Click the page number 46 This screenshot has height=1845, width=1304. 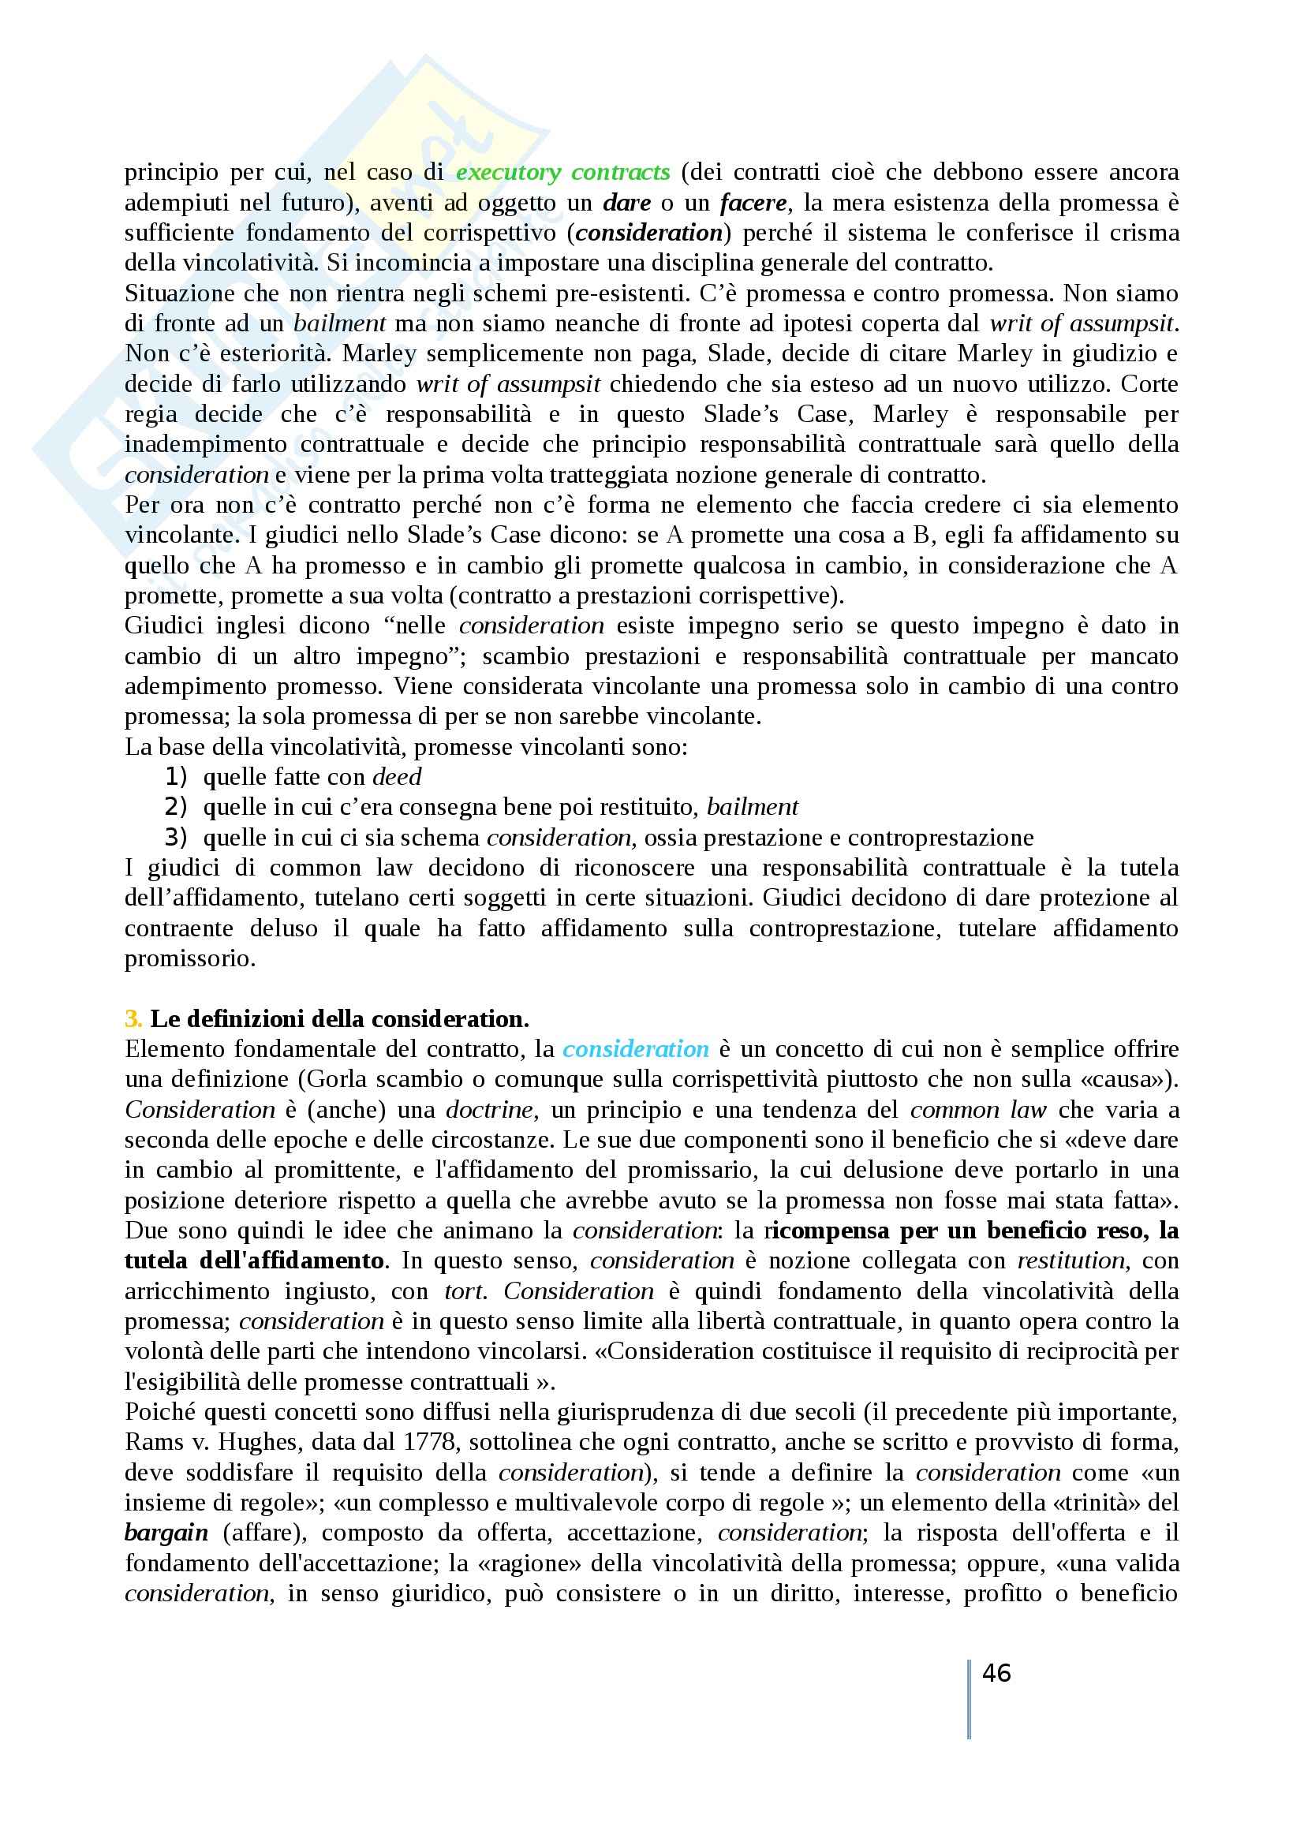996,1673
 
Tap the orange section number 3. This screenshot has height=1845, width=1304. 133,1019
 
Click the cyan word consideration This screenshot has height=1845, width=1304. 636,1048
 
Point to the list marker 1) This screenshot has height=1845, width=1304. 176,777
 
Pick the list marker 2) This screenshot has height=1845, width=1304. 176,807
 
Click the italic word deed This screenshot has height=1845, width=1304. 397,777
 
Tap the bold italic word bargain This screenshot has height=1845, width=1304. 166,1533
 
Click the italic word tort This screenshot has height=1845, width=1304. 464,1291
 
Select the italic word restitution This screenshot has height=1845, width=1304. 1071,1261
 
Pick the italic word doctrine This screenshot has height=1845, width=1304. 489,1110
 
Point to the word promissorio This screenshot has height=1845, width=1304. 189,958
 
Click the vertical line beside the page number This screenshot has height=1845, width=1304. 970,1699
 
